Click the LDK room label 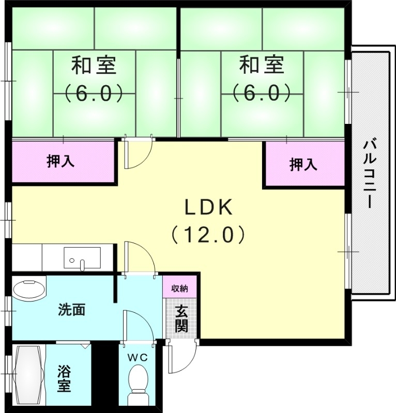tap(210, 208)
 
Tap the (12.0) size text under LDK tap(208, 235)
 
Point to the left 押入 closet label tap(60, 162)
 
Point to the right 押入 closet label tap(303, 165)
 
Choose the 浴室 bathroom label tap(64, 378)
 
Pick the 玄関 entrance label tap(181, 319)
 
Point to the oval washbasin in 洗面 tap(29, 289)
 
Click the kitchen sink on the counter tap(82, 258)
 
